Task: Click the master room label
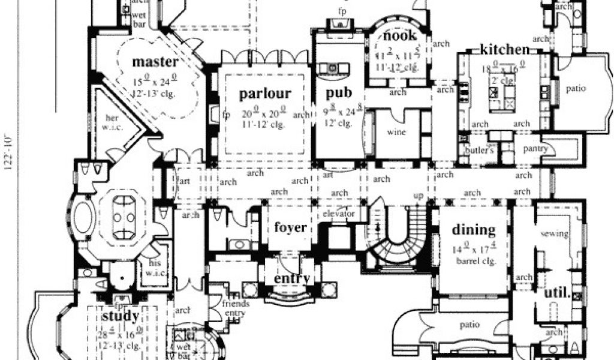click(155, 62)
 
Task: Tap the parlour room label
click(265, 94)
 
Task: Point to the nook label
click(400, 35)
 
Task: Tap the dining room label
click(474, 229)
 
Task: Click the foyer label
click(291, 227)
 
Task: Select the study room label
click(121, 316)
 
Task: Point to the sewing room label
click(554, 234)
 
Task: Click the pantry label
click(533, 148)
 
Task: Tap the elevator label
click(339, 214)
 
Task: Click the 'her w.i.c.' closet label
click(112, 122)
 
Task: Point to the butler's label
click(479, 151)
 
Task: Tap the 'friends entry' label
click(236, 308)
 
